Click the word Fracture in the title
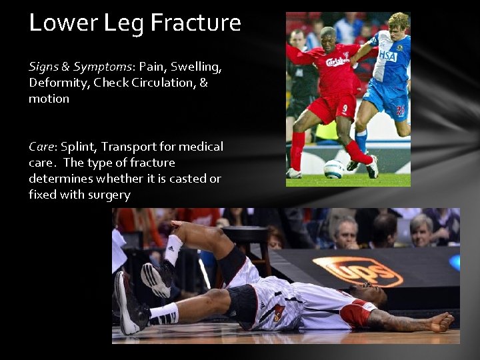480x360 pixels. pos(195,23)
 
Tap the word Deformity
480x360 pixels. pos(58,83)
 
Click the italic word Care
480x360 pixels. pos(41,147)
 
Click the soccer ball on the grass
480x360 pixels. pos(334,169)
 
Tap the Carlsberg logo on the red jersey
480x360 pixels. pos(337,62)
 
